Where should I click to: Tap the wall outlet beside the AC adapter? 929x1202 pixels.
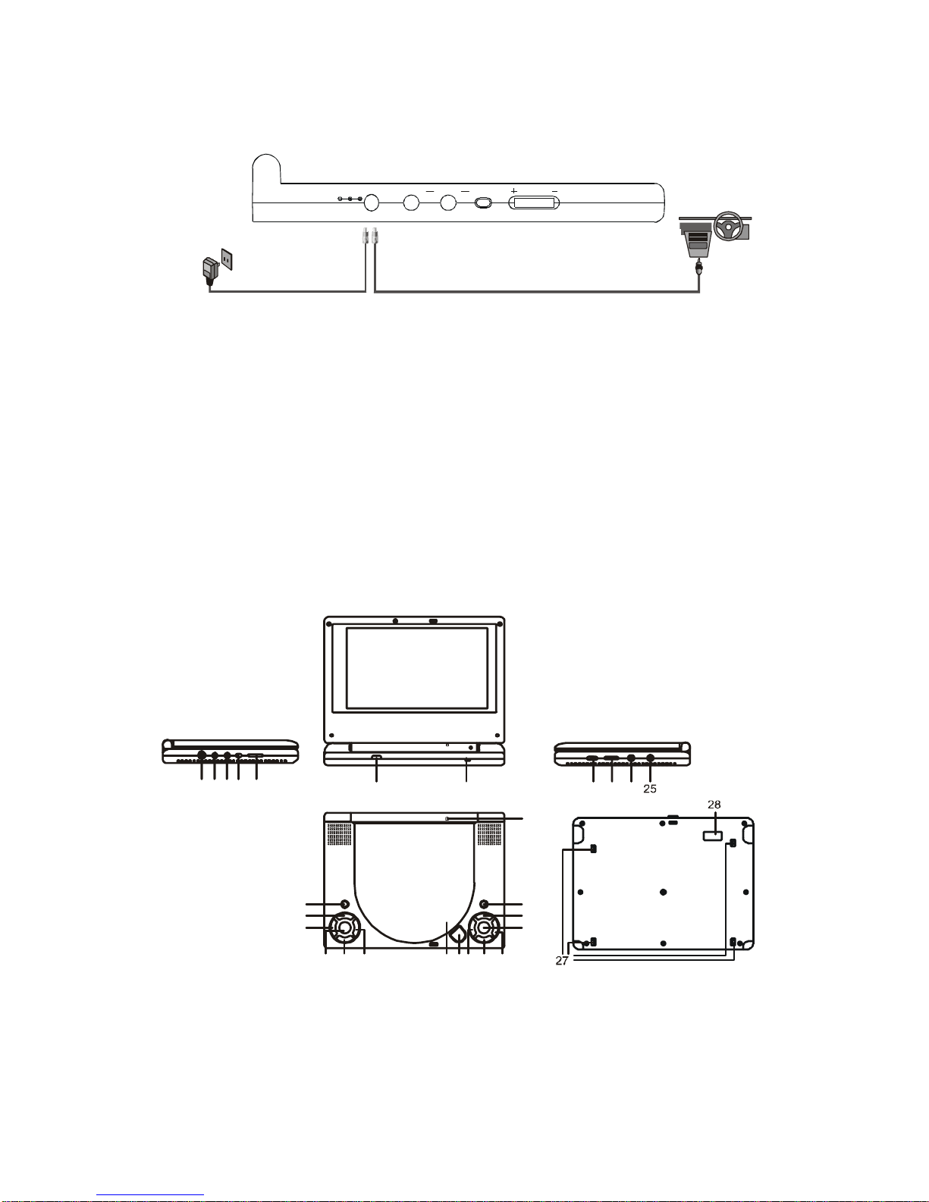point(227,259)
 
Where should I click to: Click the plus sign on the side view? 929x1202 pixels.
point(513,191)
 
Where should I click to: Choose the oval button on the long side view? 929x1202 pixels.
point(483,202)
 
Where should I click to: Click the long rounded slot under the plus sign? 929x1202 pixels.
point(534,203)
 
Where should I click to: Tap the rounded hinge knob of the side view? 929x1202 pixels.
point(266,168)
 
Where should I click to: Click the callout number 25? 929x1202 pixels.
point(650,789)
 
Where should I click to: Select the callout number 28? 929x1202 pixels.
point(714,805)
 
